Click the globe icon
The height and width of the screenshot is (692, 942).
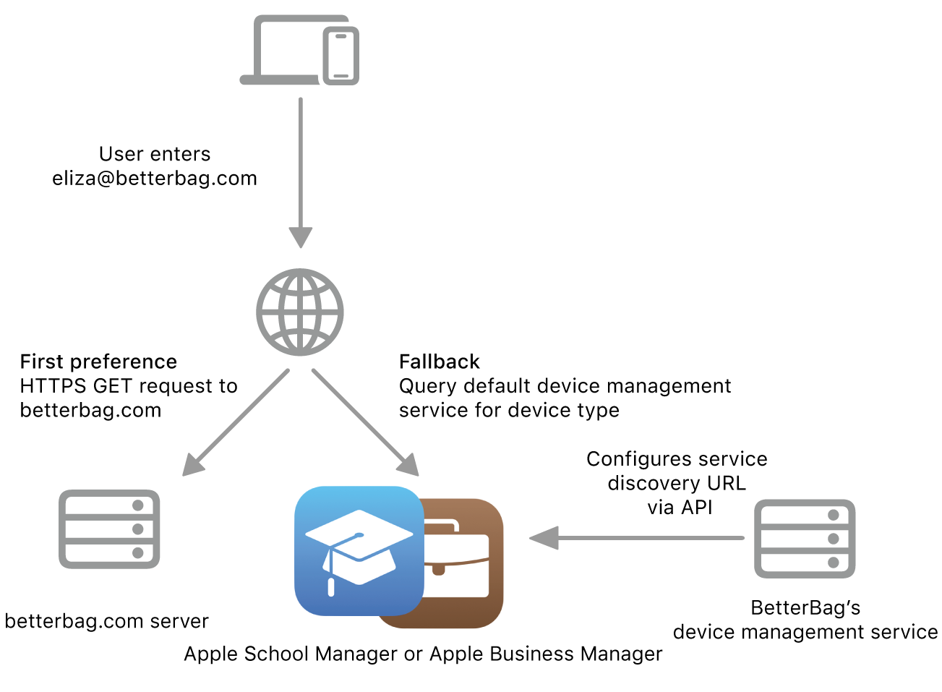coord(300,312)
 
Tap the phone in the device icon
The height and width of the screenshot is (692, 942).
coord(341,56)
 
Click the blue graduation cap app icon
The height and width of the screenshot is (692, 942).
coord(359,550)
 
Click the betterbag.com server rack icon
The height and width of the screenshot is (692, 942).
coord(109,529)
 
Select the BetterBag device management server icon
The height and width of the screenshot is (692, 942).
coord(805,539)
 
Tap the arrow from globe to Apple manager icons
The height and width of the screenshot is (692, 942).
coord(365,422)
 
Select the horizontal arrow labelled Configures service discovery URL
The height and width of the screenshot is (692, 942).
coord(636,538)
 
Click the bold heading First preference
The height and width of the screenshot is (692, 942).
coord(98,362)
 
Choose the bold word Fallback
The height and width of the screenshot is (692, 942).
coord(439,362)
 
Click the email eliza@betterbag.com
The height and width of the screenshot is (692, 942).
coord(155,179)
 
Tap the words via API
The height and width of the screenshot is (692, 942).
coord(680,508)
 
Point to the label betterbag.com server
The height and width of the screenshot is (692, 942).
coord(106,621)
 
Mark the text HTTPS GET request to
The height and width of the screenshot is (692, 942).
coord(129,386)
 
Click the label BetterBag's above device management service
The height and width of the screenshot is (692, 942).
coord(805,607)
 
